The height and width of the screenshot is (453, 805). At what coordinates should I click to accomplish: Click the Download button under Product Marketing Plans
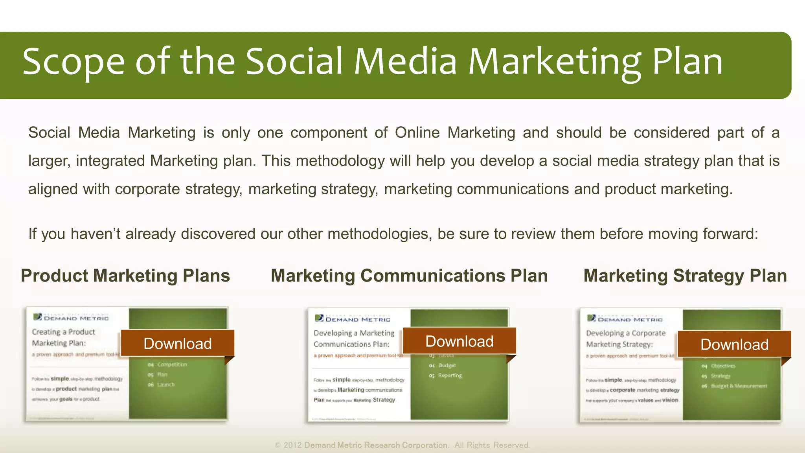tap(177, 343)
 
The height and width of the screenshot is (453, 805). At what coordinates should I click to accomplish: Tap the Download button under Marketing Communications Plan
tap(459, 341)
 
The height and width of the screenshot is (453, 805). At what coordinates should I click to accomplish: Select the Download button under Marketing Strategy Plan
tap(734, 344)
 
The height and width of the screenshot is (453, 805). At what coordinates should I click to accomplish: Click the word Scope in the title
tap(74, 62)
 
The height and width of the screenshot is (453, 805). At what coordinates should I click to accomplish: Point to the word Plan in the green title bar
tap(687, 62)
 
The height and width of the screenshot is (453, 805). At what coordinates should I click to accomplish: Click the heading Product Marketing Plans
tap(125, 276)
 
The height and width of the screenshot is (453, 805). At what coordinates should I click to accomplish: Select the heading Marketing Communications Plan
tap(409, 276)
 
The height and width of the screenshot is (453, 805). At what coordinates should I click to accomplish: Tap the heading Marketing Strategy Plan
tap(685, 276)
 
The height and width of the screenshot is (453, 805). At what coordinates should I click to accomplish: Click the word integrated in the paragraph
tap(110, 161)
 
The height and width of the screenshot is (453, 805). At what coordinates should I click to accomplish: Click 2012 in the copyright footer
tap(292, 445)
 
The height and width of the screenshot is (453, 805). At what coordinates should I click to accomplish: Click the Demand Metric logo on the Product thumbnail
tap(71, 317)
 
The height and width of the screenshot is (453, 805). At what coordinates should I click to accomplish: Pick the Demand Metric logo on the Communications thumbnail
tap(353, 319)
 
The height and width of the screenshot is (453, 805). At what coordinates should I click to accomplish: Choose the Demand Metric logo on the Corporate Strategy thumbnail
tap(625, 319)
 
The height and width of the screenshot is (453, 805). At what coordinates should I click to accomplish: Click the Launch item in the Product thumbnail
tap(165, 385)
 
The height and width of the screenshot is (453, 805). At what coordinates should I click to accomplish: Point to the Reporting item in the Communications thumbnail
tap(450, 376)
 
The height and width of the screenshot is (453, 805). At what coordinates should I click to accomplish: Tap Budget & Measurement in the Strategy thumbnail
tap(739, 386)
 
